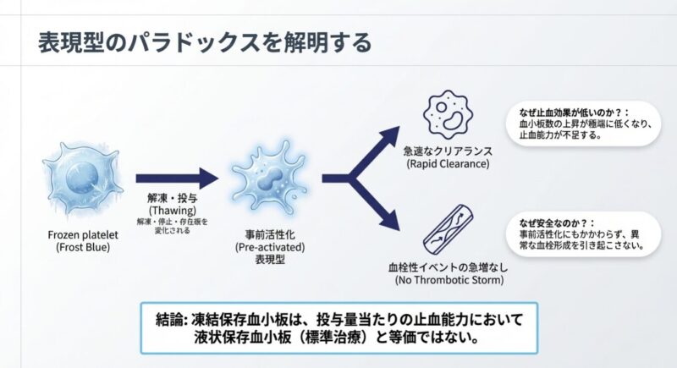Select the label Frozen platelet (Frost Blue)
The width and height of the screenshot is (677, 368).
coord(77,240)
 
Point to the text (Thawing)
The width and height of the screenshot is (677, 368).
coord(173,210)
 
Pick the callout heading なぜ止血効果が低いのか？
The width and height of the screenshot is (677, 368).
coord(569,110)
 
